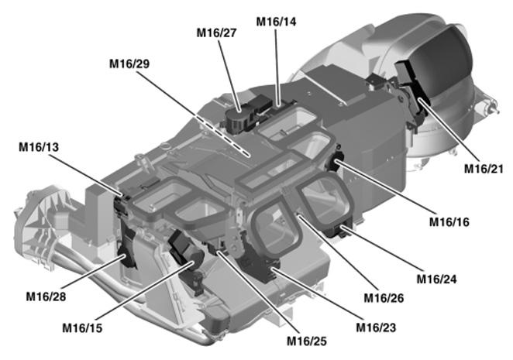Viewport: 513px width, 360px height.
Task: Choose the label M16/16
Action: (450, 221)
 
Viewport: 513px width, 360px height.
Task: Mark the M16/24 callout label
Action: (438, 278)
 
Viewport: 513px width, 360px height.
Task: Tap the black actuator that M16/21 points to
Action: (416, 98)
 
